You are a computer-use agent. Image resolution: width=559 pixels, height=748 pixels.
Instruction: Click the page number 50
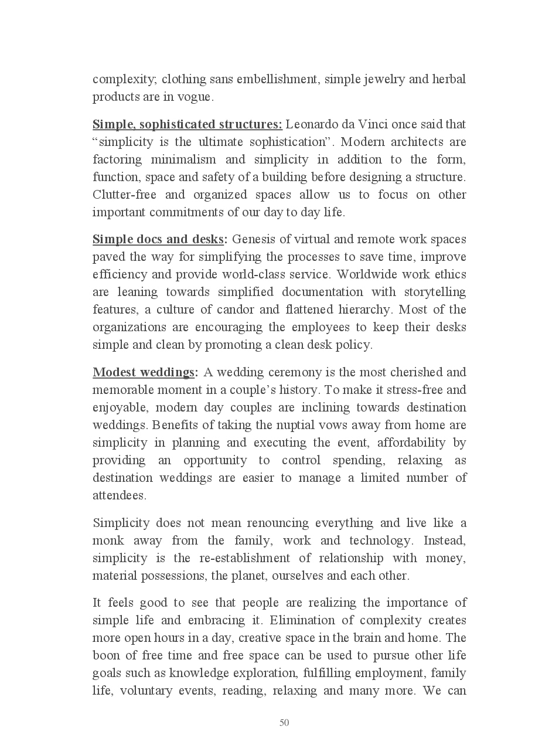pyautogui.click(x=284, y=723)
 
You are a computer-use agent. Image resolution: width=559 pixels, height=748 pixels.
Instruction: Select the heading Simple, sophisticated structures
pyautogui.click(x=187, y=124)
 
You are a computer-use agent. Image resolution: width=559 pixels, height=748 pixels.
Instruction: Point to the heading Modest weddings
pyautogui.click(x=145, y=372)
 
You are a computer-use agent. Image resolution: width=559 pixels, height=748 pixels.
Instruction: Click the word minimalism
pyautogui.click(x=183, y=159)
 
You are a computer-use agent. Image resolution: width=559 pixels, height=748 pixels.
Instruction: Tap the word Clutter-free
pyautogui.click(x=124, y=195)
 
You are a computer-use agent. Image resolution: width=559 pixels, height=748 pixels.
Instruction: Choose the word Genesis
pyautogui.click(x=254, y=239)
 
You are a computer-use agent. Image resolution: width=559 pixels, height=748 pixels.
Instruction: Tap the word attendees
pyautogui.click(x=119, y=495)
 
